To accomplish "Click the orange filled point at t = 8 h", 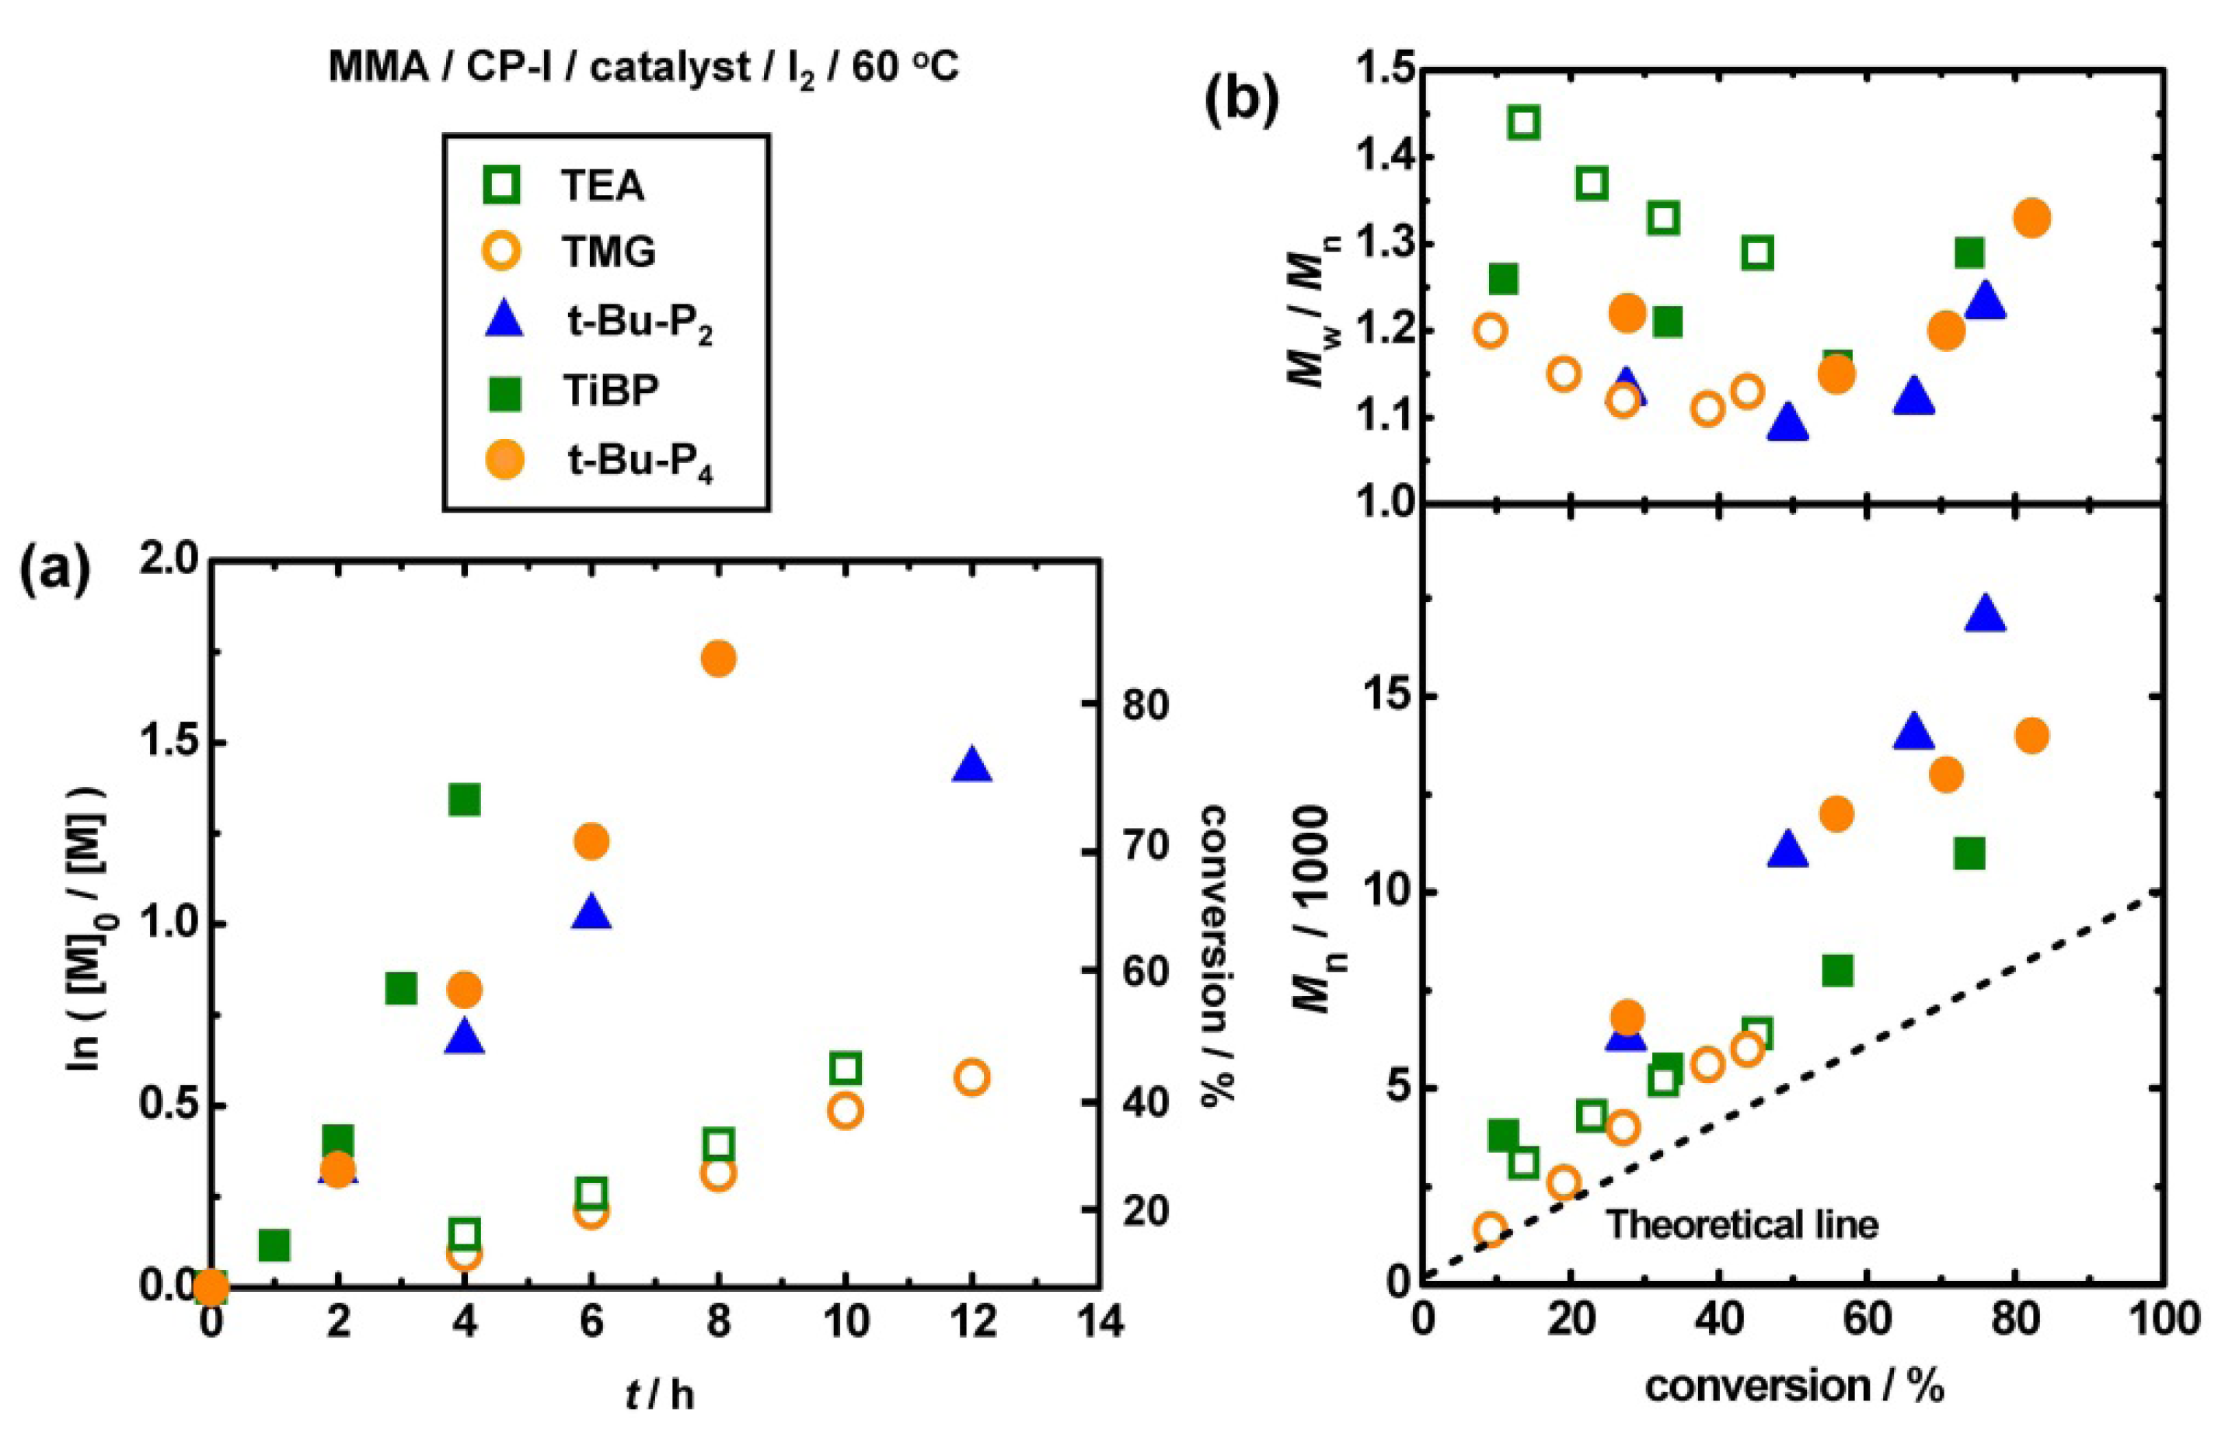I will tap(718, 659).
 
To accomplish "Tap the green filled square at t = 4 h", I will tap(465, 800).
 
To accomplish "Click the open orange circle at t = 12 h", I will tap(972, 1077).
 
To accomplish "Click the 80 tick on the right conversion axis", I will tap(1144, 705).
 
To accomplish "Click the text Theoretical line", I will tap(1742, 1224).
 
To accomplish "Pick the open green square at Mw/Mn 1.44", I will tap(1525, 123).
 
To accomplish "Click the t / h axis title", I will tap(659, 1395).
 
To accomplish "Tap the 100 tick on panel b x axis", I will tap(2161, 1321).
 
